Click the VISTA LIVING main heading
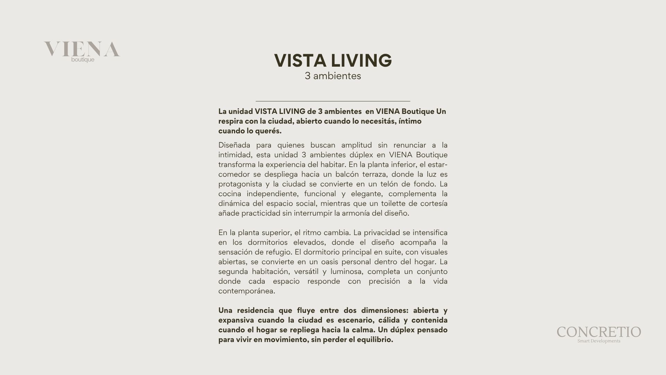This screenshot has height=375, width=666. point(333,60)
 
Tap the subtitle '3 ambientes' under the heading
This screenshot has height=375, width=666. point(333,76)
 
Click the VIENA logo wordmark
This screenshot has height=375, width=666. point(82,49)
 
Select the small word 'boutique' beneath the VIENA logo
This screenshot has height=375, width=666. point(83,60)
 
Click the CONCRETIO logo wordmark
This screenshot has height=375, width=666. point(599,332)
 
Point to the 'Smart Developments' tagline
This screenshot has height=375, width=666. point(599,341)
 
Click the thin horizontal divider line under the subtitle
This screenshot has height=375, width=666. point(333,101)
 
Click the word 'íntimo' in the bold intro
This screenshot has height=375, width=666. point(410,121)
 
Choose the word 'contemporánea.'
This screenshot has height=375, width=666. point(247,291)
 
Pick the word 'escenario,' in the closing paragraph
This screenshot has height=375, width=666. point(354,320)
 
